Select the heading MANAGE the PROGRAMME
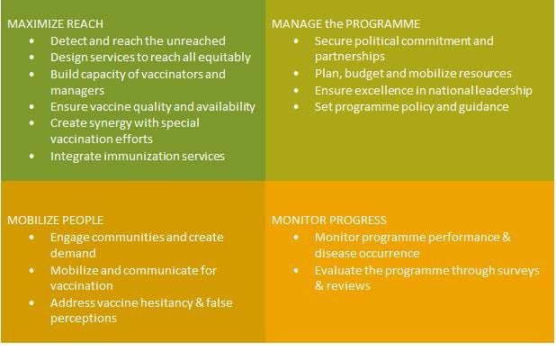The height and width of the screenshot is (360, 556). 345,24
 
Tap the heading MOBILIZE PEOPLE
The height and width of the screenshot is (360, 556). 55,220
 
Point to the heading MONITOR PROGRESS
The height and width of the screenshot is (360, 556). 328,220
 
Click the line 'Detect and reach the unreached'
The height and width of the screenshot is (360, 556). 138,40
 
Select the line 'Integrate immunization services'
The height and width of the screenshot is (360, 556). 138,156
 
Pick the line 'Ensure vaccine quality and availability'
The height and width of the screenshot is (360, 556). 153,106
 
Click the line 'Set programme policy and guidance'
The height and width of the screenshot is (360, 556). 412,106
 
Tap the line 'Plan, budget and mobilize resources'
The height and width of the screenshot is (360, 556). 413,74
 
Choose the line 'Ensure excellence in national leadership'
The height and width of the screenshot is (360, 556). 424,90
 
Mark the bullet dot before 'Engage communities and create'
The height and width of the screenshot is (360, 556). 33,237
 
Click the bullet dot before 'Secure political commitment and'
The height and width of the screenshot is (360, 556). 298,41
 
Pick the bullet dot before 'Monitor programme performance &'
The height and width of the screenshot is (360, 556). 298,237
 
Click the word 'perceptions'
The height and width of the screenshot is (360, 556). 84,319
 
